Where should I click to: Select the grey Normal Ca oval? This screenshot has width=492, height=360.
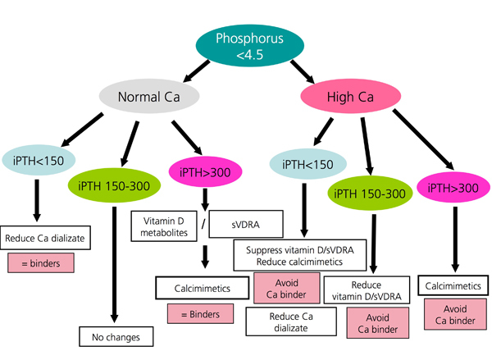coord(149,96)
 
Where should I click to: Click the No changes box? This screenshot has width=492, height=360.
coord(114,336)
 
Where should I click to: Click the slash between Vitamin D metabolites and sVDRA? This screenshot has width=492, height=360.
coord(205,222)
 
